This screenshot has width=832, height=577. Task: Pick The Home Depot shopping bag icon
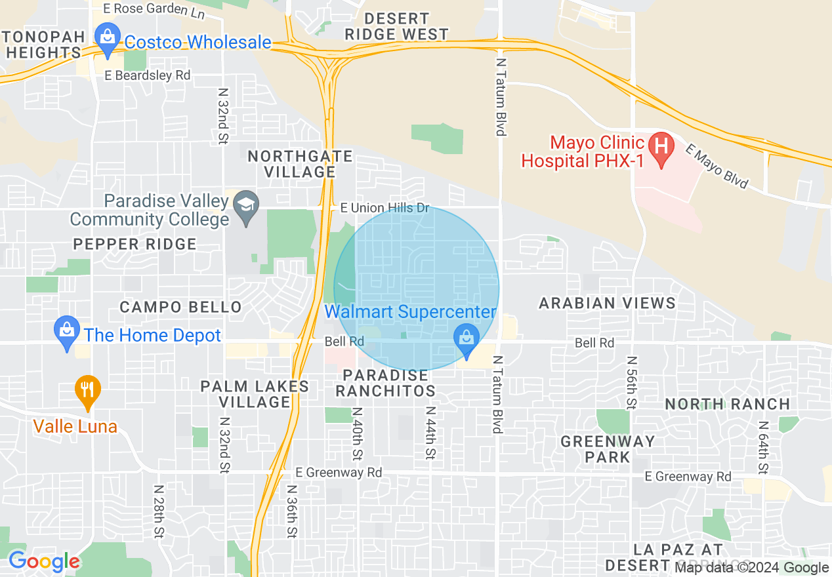coord(67,332)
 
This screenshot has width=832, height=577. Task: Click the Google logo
coord(43,561)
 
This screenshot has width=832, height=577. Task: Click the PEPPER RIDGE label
coord(135,245)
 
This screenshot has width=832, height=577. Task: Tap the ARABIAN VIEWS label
coord(607,303)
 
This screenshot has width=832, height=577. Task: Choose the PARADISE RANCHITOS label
coord(385,384)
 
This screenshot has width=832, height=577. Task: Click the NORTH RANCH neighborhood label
coord(728,404)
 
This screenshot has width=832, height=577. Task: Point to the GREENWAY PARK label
coord(608,449)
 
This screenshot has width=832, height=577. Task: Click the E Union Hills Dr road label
coord(385,209)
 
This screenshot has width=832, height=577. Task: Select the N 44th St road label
coord(430,432)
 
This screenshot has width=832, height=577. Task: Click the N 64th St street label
coord(763,447)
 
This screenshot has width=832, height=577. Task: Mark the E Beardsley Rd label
coord(147,75)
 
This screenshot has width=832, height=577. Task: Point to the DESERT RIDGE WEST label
coord(396,26)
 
